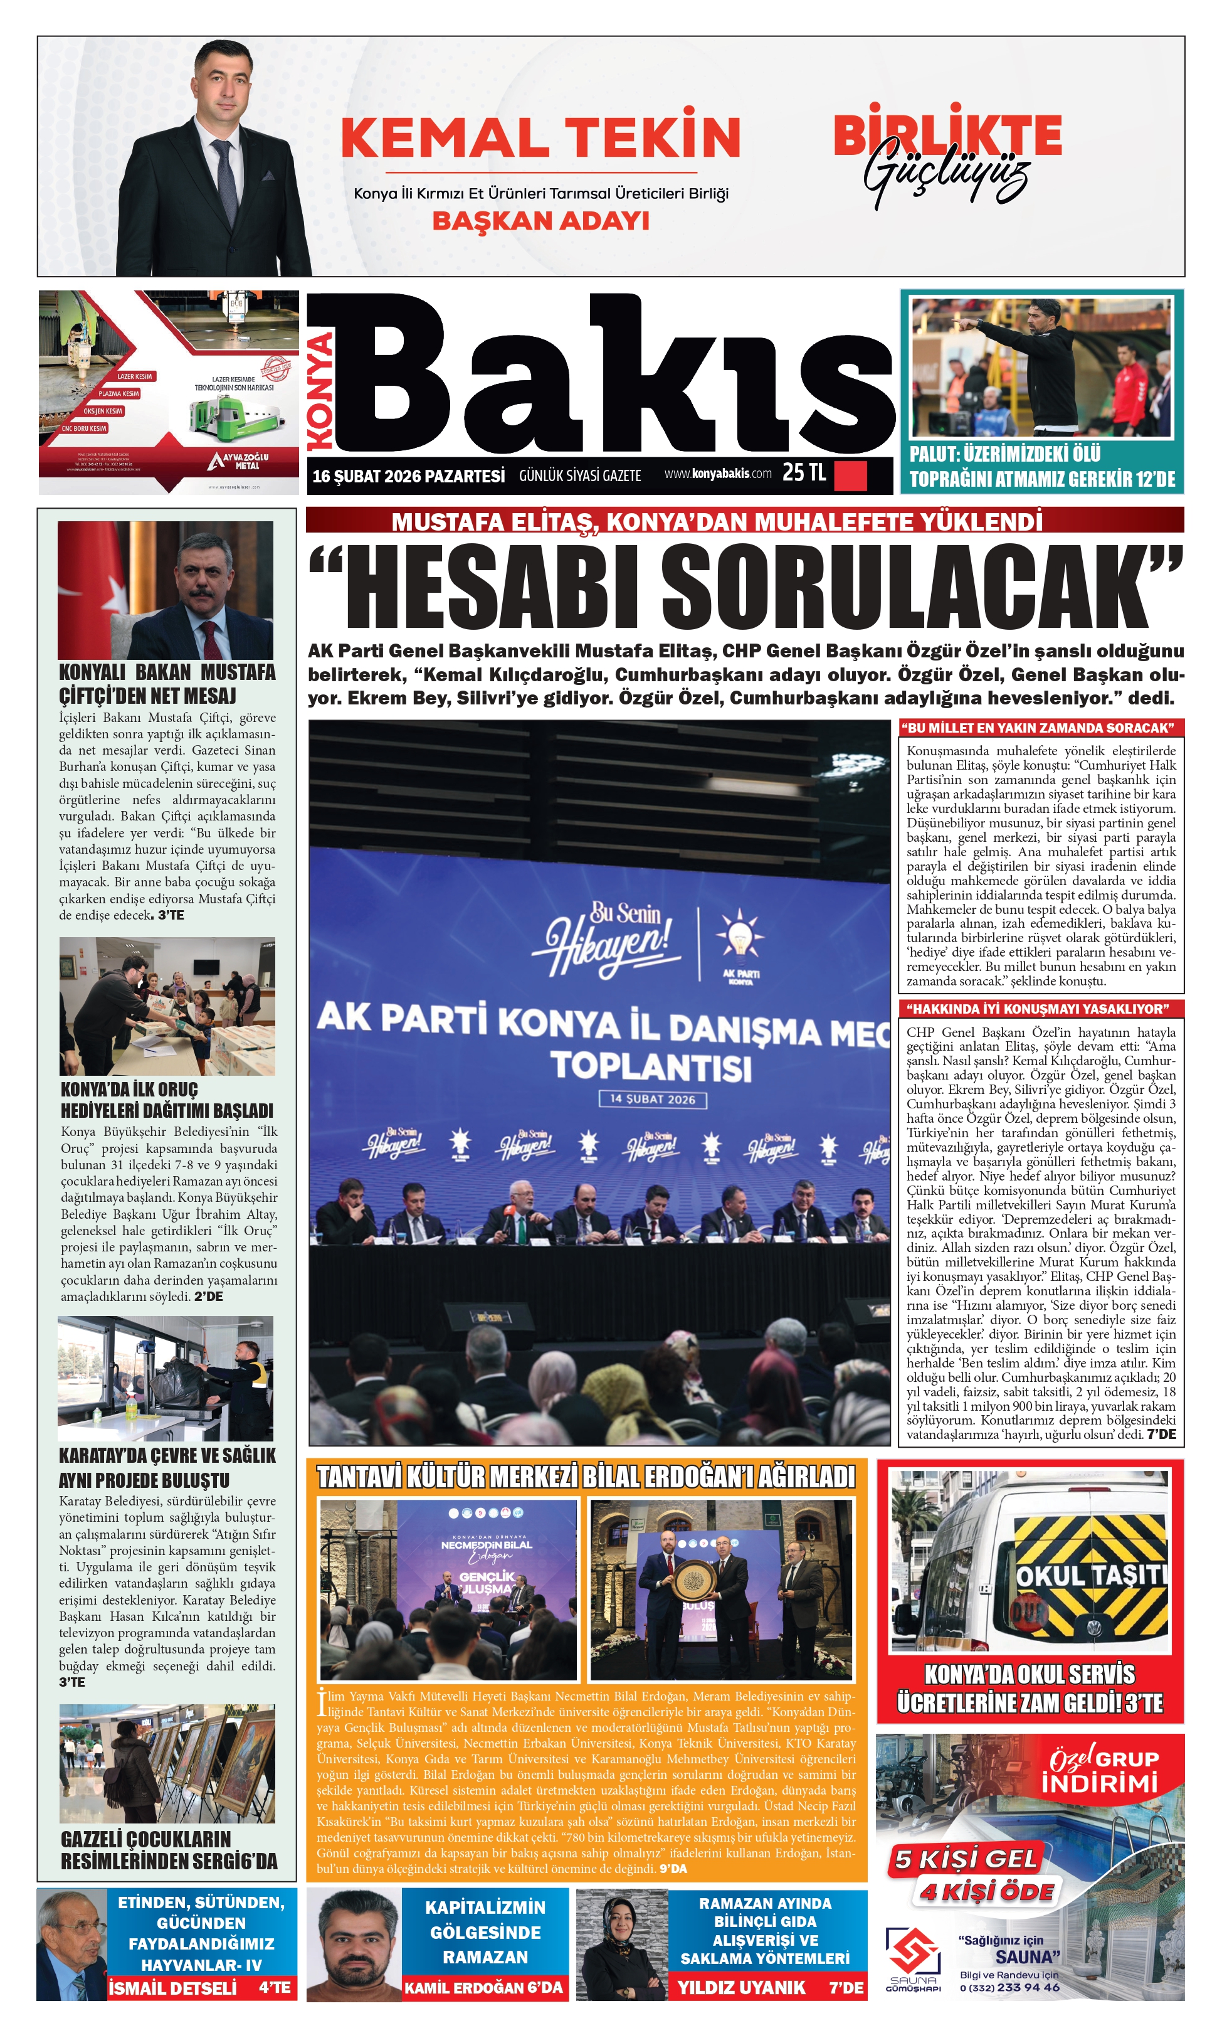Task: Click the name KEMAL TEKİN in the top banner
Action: click(x=540, y=137)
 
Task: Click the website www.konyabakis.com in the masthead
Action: click(x=718, y=474)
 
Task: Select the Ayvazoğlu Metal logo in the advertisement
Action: click(x=239, y=460)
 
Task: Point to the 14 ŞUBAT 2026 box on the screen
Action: click(x=652, y=1099)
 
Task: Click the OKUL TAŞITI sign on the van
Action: click(x=1091, y=1575)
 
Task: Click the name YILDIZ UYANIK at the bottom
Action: click(x=741, y=1988)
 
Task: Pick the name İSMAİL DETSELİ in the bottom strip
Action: click(x=173, y=1988)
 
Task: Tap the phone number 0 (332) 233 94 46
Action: click(x=1009, y=1987)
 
